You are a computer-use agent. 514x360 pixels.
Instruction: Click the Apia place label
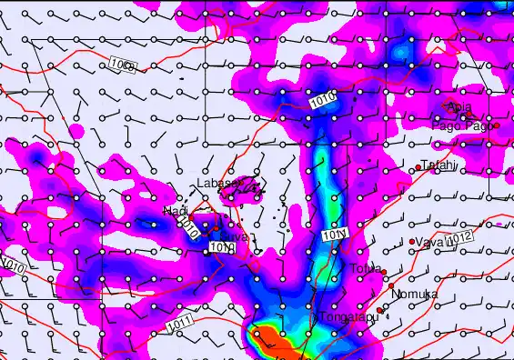[x=459, y=107]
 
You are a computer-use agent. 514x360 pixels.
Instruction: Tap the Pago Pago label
[x=461, y=125]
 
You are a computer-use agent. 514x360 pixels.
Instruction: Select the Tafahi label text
[x=438, y=165]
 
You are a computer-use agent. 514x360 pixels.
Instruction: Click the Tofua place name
[x=365, y=268]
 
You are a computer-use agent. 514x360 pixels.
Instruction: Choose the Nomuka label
[x=414, y=295]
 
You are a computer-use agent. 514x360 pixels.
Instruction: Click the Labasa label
[x=216, y=184]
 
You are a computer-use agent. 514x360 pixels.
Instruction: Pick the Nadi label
[x=174, y=211]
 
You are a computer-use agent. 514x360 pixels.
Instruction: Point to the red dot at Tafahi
[x=418, y=166]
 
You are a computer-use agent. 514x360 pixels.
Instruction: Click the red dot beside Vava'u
[x=412, y=241]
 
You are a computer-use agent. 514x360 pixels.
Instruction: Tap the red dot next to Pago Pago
[x=496, y=125]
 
